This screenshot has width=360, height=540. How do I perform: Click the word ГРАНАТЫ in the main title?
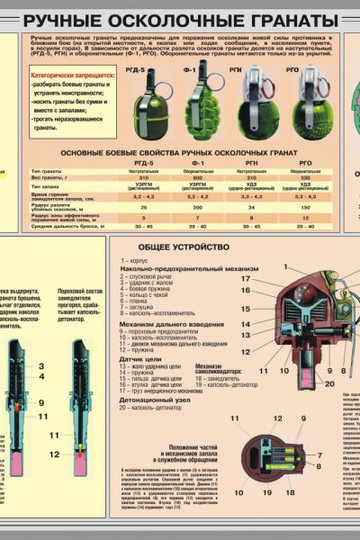280,20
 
